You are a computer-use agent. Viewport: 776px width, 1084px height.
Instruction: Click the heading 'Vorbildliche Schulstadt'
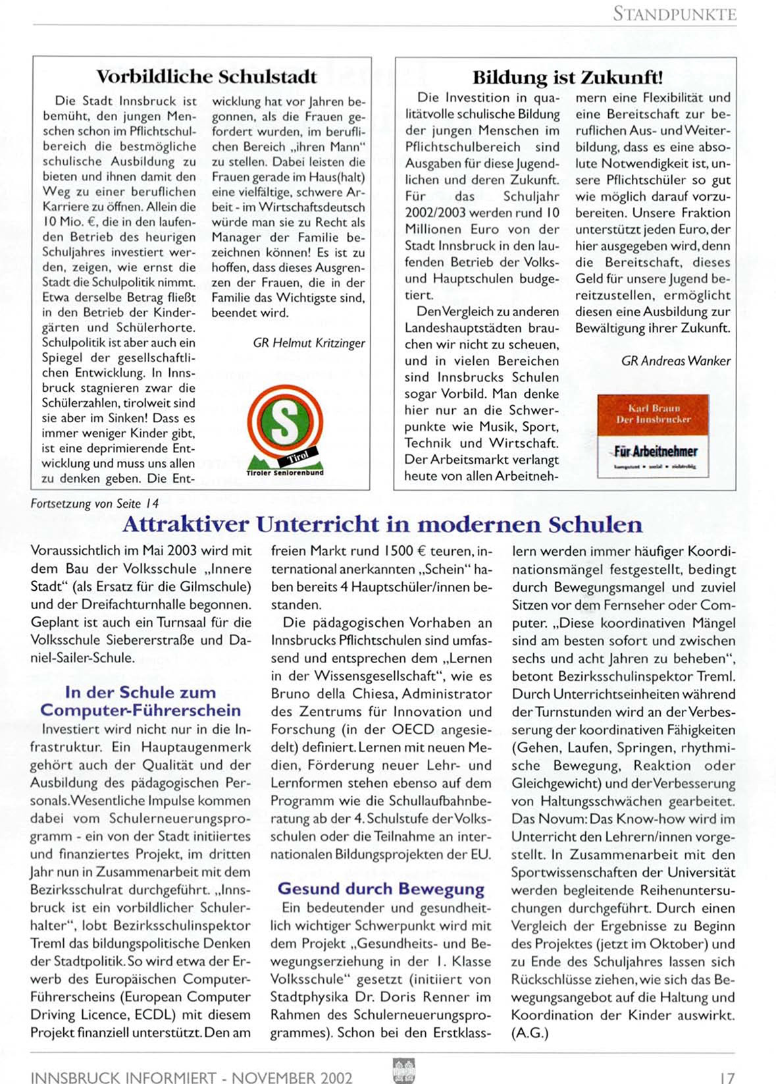206,76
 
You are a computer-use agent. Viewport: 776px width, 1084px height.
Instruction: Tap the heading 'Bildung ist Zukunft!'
567,77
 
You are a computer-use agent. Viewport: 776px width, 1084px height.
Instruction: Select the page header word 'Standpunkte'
674,13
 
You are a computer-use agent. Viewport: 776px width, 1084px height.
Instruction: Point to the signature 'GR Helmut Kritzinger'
309,343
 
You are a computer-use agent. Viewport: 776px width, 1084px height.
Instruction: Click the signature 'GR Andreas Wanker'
675,361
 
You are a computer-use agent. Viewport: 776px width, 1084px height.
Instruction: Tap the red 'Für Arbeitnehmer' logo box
652,435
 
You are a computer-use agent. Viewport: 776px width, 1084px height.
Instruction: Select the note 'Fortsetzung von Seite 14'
94,504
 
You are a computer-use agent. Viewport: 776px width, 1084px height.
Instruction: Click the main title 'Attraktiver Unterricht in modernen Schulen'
382,525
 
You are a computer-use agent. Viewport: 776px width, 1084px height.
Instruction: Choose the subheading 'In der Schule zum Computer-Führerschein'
140,701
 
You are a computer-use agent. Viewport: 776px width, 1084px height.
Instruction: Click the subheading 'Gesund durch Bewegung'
380,889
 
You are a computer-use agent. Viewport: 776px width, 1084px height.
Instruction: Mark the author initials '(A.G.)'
530,1033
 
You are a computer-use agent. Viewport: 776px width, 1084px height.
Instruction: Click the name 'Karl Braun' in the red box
653,408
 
